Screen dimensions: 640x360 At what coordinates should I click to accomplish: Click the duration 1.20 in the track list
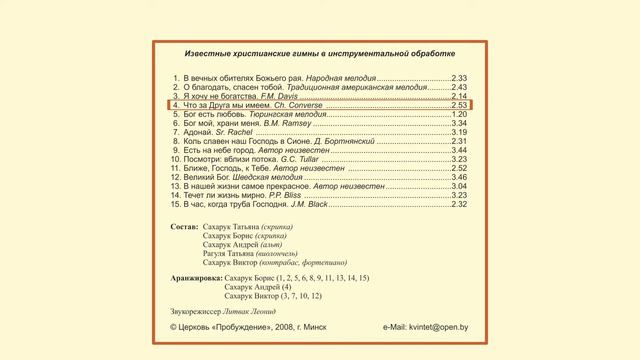pyautogui.click(x=460, y=114)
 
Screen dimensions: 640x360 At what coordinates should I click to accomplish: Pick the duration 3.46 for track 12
pyautogui.click(x=460, y=177)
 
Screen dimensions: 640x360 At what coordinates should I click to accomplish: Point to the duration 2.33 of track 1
pyautogui.click(x=460, y=77)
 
